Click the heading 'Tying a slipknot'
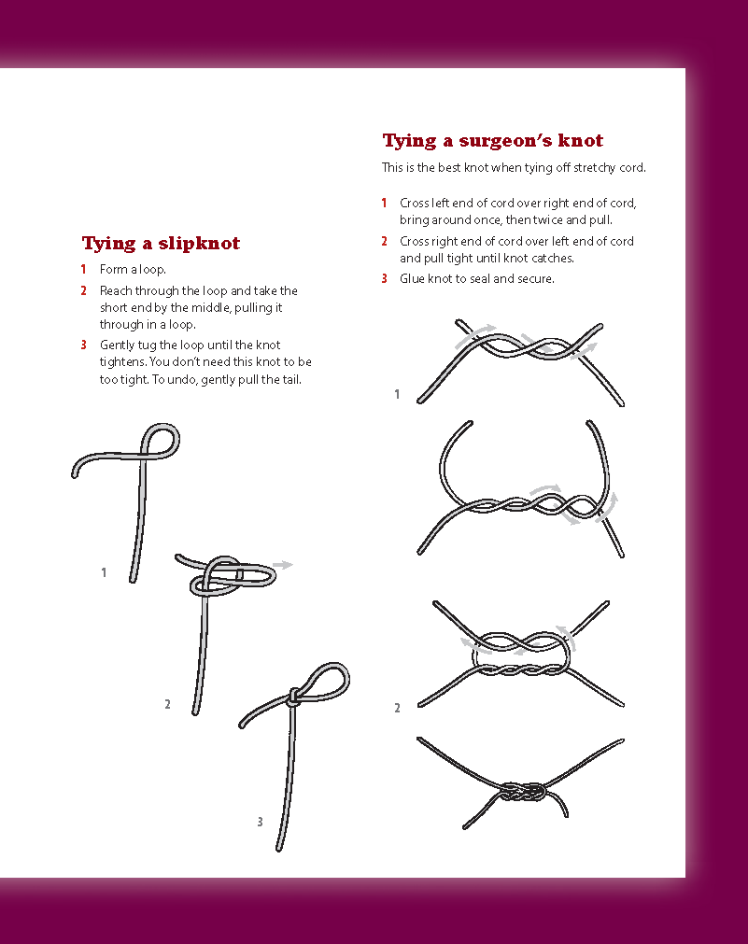tap(161, 243)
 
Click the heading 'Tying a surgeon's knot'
tap(493, 141)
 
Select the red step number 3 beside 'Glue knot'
tap(384, 279)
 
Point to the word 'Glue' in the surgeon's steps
tap(412, 279)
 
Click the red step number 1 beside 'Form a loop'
tap(83, 269)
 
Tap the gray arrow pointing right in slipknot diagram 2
tap(282, 565)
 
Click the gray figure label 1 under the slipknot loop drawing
tap(104, 572)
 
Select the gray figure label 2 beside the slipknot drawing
tap(167, 704)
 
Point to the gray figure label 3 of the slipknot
tap(260, 821)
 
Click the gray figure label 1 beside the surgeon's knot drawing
tap(397, 394)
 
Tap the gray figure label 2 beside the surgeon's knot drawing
tap(397, 708)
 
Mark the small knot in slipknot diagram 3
tap(293, 697)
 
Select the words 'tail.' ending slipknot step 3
tap(290, 380)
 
